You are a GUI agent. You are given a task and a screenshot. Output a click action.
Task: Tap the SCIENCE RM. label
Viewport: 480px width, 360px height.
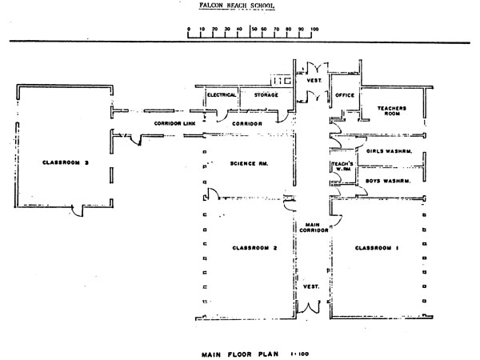248,163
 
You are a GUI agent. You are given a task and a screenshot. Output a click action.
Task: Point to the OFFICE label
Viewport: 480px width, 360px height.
345,95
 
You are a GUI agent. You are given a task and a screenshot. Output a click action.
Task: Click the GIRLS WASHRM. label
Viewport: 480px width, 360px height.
388,150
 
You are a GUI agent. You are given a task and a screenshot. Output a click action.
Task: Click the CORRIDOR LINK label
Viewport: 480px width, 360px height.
174,124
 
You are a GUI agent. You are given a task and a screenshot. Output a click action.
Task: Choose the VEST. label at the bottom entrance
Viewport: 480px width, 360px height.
310,286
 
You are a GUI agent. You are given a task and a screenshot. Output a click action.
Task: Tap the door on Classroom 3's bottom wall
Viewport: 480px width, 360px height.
76,210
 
